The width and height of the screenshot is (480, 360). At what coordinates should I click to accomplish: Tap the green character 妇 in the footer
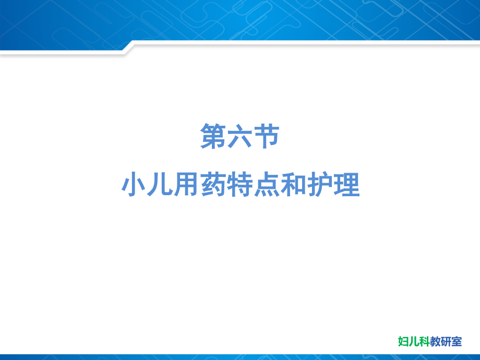[403, 342]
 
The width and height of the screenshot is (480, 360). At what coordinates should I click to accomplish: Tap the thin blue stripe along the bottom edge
[240, 357]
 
